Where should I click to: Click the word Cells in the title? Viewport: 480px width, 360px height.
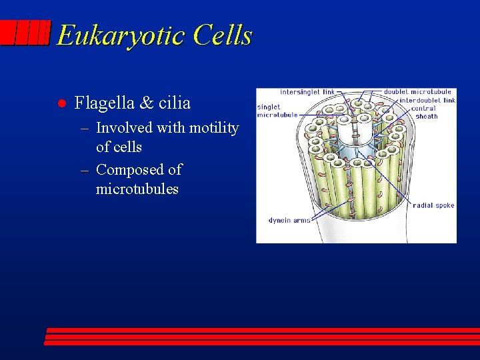coord(223,35)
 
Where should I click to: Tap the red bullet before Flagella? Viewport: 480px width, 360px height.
coord(60,103)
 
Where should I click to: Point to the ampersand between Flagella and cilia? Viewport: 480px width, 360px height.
coord(147,103)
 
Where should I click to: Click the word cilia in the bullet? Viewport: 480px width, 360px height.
coord(175,103)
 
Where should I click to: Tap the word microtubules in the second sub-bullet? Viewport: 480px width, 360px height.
coord(137,189)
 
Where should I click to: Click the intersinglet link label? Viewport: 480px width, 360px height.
coord(307,92)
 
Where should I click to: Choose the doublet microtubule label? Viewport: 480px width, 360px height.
coord(417,92)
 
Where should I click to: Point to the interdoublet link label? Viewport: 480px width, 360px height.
coord(427,100)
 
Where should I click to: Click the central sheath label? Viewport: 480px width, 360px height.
coord(424,112)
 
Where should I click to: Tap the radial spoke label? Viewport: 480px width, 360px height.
coord(433,205)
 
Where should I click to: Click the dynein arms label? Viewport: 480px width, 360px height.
coord(289,220)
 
